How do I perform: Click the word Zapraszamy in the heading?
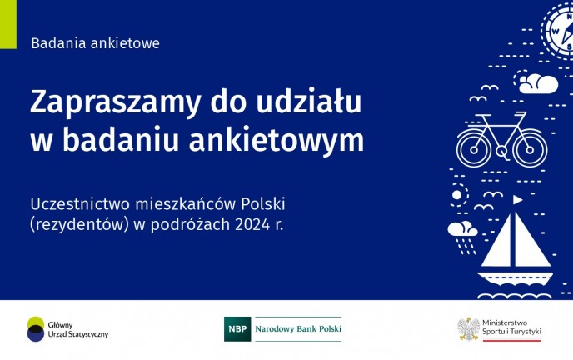[x=116, y=103]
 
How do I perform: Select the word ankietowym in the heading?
[x=277, y=140]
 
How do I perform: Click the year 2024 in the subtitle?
[x=252, y=224]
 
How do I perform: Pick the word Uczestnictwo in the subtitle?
[x=80, y=204]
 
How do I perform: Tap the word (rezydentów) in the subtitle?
[x=80, y=225]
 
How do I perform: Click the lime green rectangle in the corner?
[x=8, y=24]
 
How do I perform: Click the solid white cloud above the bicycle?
[x=538, y=84]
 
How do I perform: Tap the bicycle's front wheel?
[x=530, y=149]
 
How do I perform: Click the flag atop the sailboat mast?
[x=517, y=199]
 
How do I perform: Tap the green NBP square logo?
[x=237, y=329]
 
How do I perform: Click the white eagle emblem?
[x=469, y=329]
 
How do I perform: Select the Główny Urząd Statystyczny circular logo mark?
[x=36, y=329]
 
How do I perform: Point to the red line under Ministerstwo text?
[x=511, y=341]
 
